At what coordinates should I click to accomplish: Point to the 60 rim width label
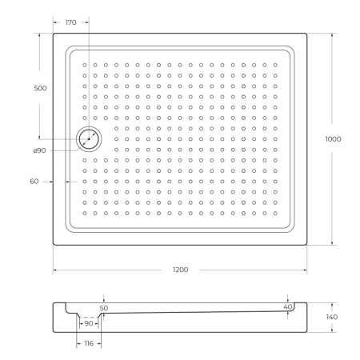[34, 182]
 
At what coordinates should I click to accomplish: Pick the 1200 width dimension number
[180, 270]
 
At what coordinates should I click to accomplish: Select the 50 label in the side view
[103, 307]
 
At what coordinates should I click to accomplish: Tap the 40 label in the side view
[287, 306]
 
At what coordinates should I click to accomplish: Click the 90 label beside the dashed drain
[89, 323]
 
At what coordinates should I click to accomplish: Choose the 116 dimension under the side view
[88, 343]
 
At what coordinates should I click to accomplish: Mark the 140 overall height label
[332, 318]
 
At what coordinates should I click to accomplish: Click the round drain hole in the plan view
[89, 139]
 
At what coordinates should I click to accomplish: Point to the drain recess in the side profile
[89, 319]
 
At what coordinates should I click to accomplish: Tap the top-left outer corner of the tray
[54, 34]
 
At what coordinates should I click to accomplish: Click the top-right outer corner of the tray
[308, 34]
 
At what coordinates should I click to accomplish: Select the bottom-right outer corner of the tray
[308, 245]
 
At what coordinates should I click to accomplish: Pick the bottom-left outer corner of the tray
[54, 245]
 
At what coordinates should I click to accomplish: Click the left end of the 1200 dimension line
[54, 270]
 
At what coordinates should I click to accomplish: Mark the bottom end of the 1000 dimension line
[333, 246]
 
